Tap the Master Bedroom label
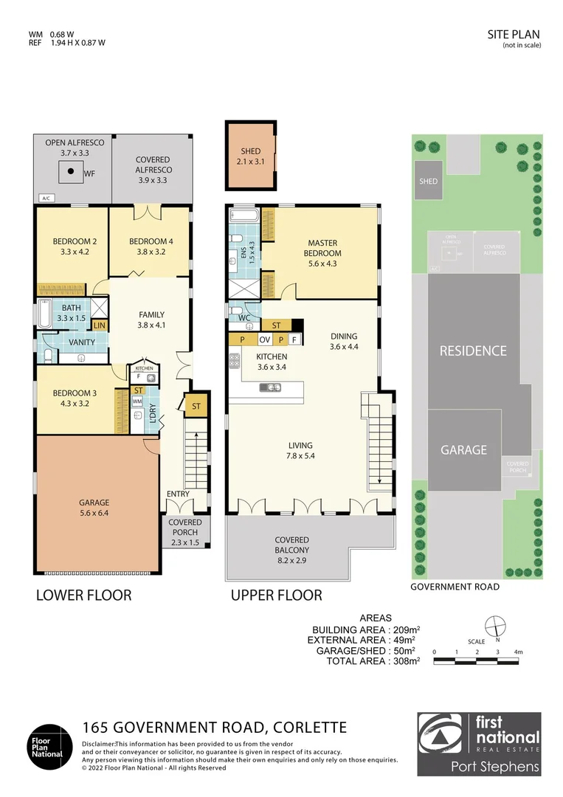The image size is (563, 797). pos(325,252)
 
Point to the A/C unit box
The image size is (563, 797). pos(46,199)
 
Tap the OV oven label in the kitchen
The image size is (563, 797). pos(265,339)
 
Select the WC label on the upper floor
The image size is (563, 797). pos(245,319)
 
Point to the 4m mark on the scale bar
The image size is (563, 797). pos(518,652)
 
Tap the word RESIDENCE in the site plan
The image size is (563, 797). pos(473,351)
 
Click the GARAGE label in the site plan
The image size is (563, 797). pos(464,449)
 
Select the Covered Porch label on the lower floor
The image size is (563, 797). pos(185,527)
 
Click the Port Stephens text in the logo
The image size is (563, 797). pos(495,767)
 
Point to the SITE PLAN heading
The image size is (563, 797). pos(514,34)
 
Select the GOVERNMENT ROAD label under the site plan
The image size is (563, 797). pos(455,587)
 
